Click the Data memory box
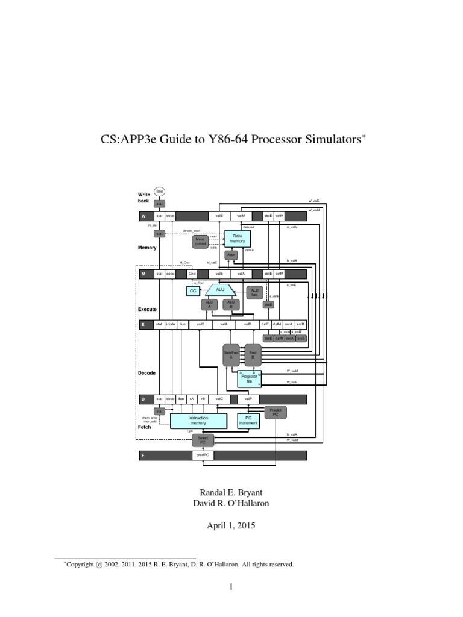[x=237, y=237]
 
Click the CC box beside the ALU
[x=192, y=290]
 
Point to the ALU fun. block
[x=254, y=292]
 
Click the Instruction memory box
[x=198, y=420]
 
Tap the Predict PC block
[x=276, y=412]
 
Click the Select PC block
[x=203, y=440]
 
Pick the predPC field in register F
[x=203, y=456]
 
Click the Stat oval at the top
[x=160, y=191]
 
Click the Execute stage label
[x=148, y=309]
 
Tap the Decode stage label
[x=147, y=373]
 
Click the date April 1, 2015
[x=231, y=525]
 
